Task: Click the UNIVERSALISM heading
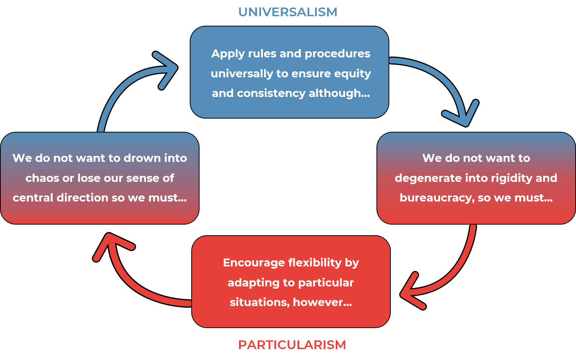[x=288, y=12]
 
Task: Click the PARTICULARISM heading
[x=292, y=345]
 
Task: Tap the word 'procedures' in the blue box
[x=337, y=54]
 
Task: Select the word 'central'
[x=33, y=198]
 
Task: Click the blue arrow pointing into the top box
[x=128, y=83]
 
